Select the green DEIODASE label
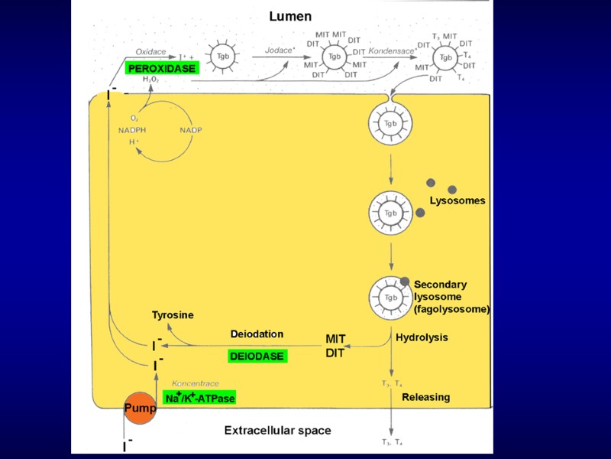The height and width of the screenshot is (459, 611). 257,356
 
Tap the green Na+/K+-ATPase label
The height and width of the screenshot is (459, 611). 200,398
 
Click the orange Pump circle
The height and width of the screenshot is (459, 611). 141,408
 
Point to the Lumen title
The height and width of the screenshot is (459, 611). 290,16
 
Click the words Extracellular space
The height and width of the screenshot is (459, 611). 277,431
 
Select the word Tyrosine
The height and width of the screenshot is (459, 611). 173,315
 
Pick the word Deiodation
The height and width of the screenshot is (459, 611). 257,334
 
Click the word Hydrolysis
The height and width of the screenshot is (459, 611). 422,337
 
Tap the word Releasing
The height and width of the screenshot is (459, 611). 425,397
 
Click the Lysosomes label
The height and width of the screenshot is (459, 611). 457,201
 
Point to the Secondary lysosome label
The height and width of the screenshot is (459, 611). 451,297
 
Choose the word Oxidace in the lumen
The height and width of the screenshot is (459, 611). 150,51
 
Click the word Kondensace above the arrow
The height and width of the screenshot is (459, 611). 392,50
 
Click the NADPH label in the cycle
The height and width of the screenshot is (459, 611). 132,130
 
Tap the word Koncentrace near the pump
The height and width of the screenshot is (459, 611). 196,382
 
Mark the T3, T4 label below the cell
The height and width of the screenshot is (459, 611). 392,442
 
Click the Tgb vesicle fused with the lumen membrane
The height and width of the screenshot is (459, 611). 391,123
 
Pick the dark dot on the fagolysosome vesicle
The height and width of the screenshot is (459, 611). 405,282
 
